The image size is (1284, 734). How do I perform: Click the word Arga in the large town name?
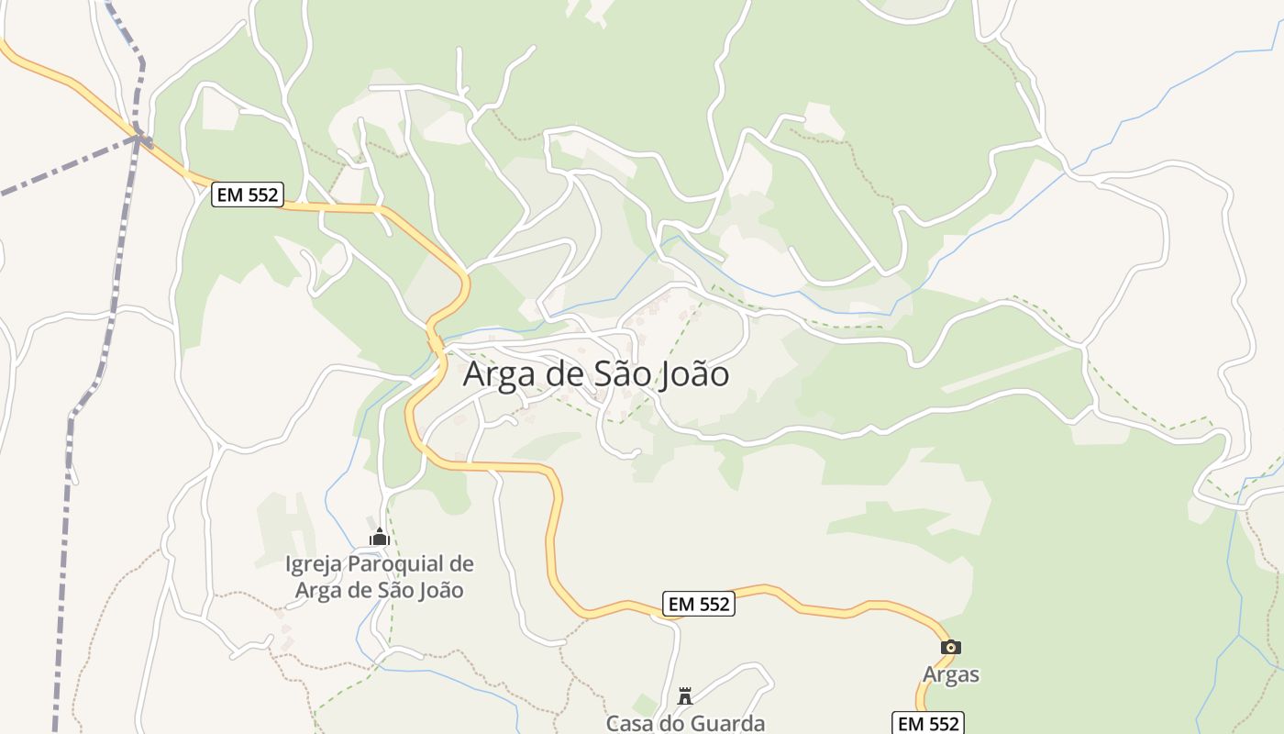pyautogui.click(x=501, y=375)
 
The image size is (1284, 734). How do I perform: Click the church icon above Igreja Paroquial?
pyautogui.click(x=379, y=537)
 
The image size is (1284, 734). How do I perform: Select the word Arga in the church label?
pyautogui.click(x=319, y=590)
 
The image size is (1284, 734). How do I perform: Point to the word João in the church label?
pyautogui.click(x=442, y=590)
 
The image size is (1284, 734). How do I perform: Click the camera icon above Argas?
pyautogui.click(x=950, y=647)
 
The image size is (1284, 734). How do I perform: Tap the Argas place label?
pyautogui.click(x=951, y=674)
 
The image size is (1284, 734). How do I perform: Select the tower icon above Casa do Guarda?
pyautogui.click(x=684, y=695)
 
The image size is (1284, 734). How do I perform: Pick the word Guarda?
pyautogui.click(x=726, y=723)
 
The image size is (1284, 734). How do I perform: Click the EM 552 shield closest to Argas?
pyautogui.click(x=928, y=723)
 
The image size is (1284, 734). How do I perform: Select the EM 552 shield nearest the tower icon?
pyautogui.click(x=698, y=604)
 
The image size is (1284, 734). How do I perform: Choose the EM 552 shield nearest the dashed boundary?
pyautogui.click(x=248, y=195)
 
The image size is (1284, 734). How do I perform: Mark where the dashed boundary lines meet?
pyautogui.click(x=138, y=138)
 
